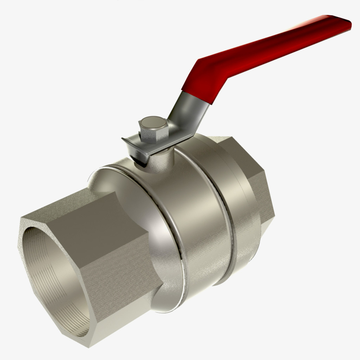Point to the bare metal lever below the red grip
[184, 112]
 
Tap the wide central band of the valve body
[202, 225]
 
